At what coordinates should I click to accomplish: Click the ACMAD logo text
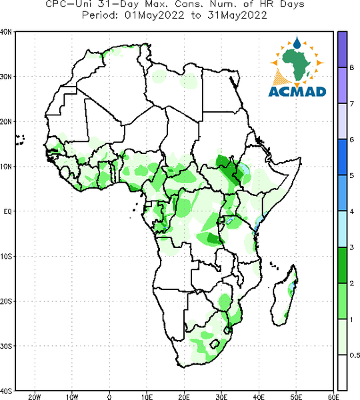pyautogui.click(x=297, y=92)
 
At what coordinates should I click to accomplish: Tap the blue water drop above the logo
pyautogui.click(x=297, y=43)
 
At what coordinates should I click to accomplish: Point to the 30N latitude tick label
pyautogui.click(x=6, y=77)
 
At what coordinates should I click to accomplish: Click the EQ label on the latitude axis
pyautogui.click(x=7, y=211)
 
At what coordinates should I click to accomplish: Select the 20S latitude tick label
pyautogui.click(x=6, y=301)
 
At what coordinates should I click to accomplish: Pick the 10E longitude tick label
pyautogui.click(x=147, y=397)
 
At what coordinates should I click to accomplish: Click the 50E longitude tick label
pyautogui.click(x=296, y=397)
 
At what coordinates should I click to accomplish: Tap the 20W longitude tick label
pyautogui.click(x=35, y=397)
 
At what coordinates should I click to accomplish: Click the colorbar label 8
pyautogui.click(x=351, y=67)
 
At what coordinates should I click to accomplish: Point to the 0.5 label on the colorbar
pyautogui.click(x=355, y=355)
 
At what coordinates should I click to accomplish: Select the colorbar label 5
pyautogui.click(x=351, y=175)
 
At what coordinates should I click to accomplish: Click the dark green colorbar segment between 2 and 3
pyautogui.click(x=343, y=265)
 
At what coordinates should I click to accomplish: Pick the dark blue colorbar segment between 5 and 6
pyautogui.click(x=343, y=157)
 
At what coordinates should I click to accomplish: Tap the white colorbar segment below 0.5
pyautogui.click(x=343, y=373)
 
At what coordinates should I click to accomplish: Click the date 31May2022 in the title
pyautogui.click(x=237, y=15)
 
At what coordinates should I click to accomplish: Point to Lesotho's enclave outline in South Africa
pyautogui.click(x=214, y=344)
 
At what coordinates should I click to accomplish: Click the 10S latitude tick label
pyautogui.click(x=6, y=257)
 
